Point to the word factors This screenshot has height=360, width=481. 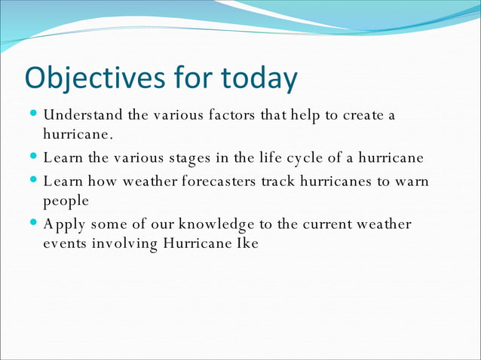click(229, 116)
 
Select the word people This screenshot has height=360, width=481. click(66, 202)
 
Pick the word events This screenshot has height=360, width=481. click(66, 243)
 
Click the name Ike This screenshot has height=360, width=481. click(247, 243)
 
